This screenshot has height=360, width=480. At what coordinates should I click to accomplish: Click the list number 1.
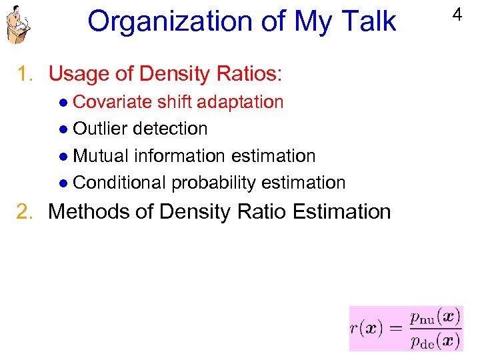(27, 73)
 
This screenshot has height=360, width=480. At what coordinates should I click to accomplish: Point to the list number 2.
(27, 212)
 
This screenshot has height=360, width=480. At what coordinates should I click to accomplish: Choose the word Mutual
(101, 156)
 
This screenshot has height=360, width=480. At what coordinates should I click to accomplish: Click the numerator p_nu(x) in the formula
(434, 317)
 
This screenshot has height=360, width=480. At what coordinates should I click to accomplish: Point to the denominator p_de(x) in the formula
(434, 340)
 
